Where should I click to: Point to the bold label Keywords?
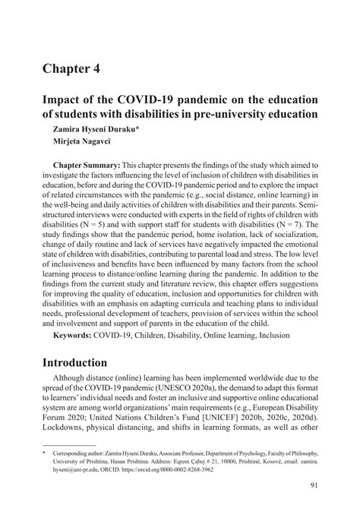75,335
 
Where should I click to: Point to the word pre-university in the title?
245,115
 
